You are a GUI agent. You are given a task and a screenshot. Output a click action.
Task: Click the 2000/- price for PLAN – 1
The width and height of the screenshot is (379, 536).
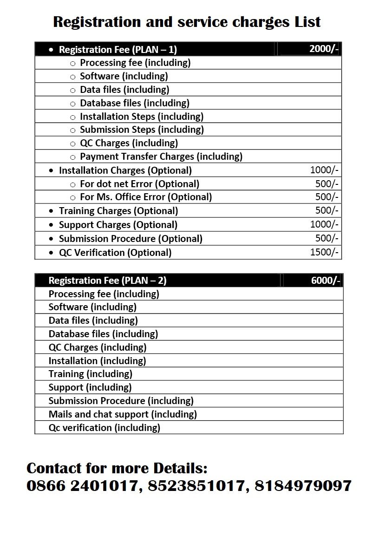coord(324,49)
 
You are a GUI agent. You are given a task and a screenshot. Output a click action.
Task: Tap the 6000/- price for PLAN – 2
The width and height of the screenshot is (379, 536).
coord(326,280)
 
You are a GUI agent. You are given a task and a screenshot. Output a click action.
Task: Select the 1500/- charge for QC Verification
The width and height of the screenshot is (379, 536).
coord(324,252)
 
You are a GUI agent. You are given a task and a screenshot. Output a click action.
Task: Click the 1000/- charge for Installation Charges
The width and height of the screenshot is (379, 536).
coord(324,170)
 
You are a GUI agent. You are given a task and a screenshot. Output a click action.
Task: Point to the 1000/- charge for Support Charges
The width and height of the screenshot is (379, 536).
coord(324,224)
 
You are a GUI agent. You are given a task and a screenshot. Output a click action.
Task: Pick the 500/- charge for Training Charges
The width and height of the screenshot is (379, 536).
coord(327,210)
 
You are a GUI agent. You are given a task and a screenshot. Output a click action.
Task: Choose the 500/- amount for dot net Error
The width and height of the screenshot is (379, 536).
coord(327,183)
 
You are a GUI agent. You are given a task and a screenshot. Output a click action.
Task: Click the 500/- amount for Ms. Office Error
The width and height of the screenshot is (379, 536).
coord(327,197)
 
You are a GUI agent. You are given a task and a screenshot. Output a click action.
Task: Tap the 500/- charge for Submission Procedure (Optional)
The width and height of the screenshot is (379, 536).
coord(327,238)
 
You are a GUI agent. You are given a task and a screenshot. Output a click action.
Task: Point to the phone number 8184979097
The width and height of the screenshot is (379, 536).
coord(303,486)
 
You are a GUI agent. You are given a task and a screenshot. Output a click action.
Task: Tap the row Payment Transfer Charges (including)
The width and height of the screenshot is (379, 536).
coord(161,157)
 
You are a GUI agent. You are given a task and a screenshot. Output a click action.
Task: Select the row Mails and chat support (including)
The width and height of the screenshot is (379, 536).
coord(123,414)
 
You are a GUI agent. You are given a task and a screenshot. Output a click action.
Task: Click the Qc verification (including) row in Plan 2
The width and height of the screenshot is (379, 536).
coord(104,427)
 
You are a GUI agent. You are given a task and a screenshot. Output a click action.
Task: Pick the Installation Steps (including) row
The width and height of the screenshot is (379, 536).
coord(142,116)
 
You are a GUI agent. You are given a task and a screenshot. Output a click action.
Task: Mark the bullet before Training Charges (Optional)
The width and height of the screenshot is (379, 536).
coord(51,211)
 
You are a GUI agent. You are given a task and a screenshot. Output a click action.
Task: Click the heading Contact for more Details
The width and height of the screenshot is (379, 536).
coord(117,467)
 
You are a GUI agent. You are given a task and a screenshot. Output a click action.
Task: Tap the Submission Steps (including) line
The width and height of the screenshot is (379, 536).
coord(142,130)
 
